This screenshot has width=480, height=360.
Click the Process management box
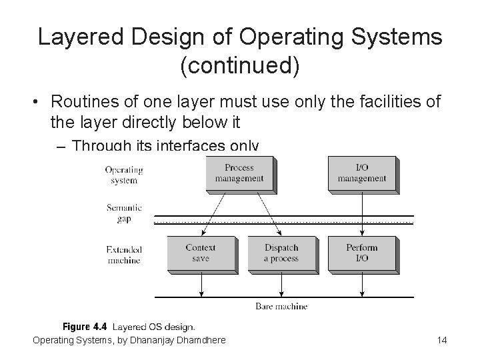[239, 173]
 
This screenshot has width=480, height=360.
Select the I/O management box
[361, 173]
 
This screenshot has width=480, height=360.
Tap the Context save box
[201, 253]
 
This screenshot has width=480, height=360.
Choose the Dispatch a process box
[281, 253]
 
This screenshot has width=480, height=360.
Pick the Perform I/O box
[361, 253]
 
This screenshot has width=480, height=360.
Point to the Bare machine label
[281, 307]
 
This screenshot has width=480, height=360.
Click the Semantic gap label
[124, 213]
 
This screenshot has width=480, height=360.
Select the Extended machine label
[124, 255]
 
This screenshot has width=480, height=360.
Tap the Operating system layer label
[124, 175]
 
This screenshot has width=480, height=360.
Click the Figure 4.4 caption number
[85, 327]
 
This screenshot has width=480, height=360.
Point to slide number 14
[441, 341]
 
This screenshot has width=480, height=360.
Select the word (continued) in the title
[240, 66]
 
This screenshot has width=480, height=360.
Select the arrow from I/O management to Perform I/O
[361, 213]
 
